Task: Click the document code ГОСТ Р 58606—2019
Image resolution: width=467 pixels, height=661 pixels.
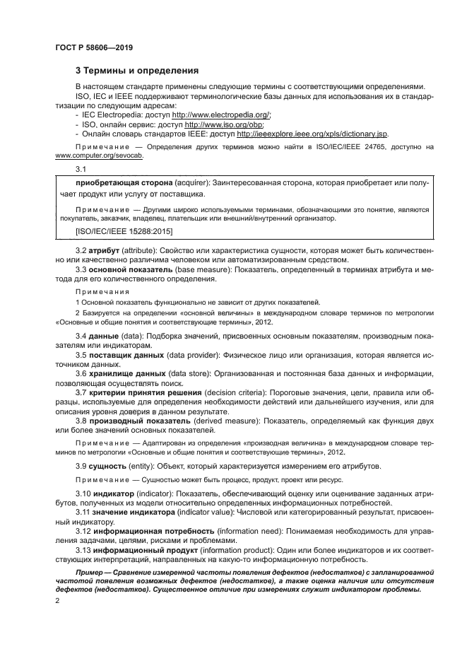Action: coord(94,47)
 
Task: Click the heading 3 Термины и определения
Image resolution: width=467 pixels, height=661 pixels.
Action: coord(137,71)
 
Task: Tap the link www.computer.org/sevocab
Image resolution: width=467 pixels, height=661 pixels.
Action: coord(98,156)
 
